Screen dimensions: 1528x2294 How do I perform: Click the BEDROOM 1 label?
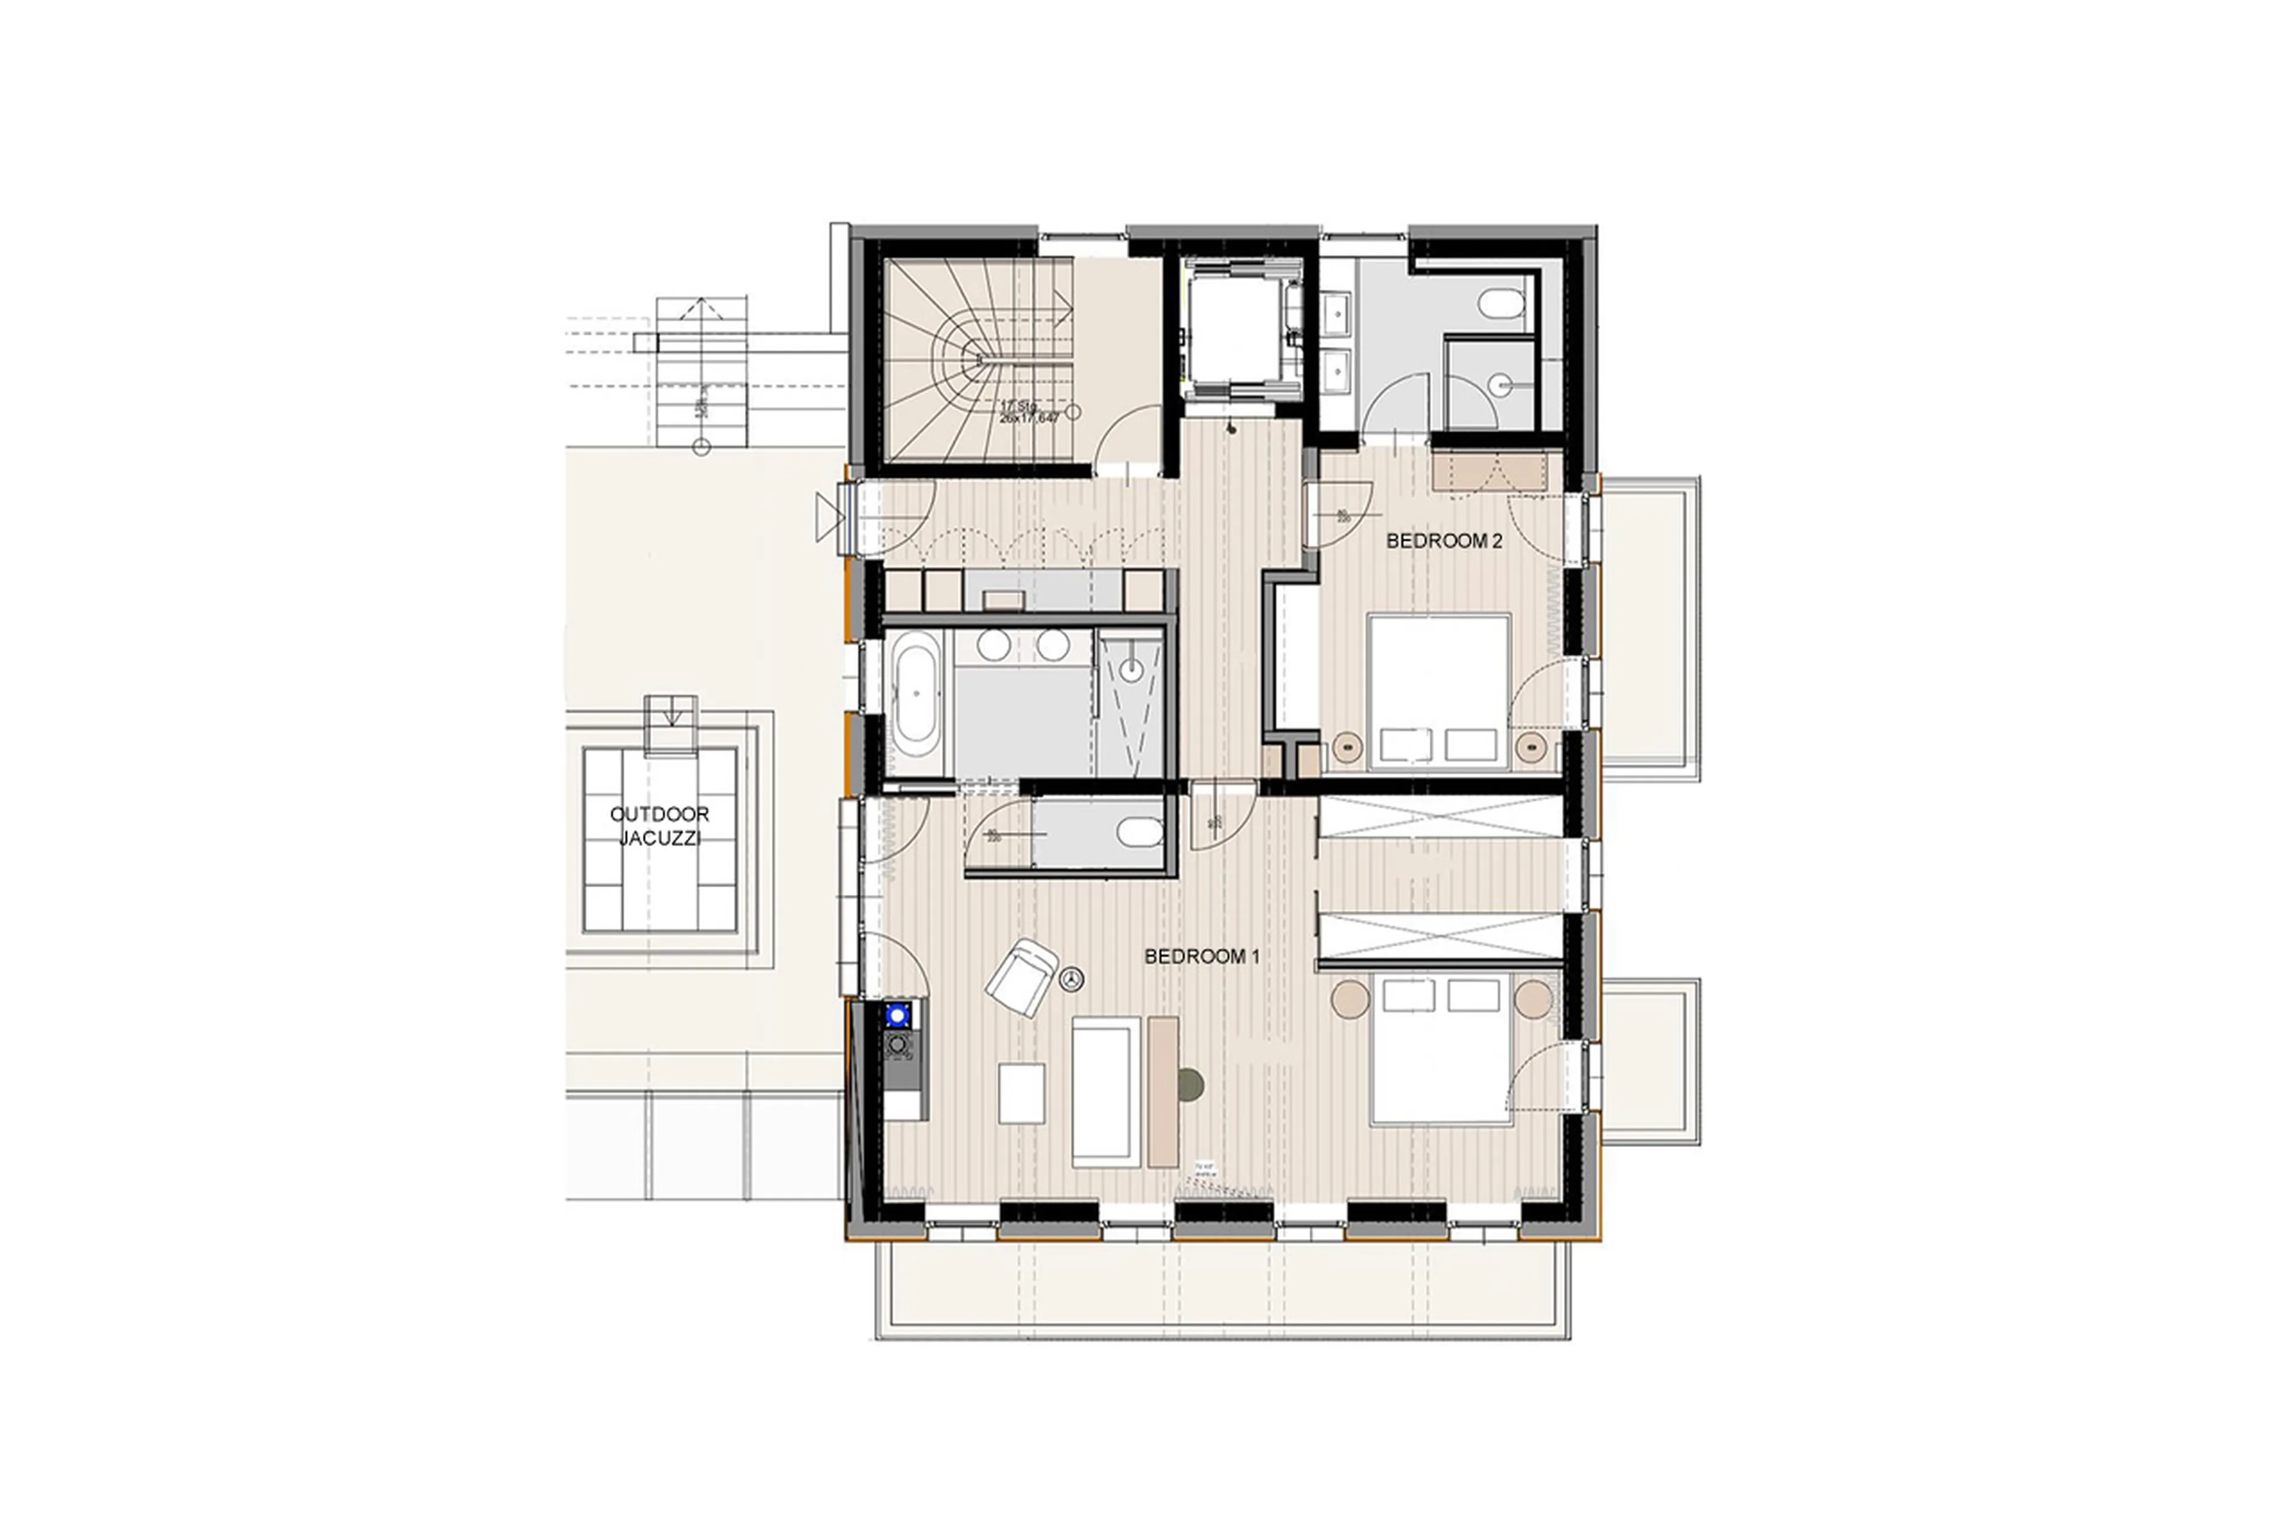(x=1201, y=957)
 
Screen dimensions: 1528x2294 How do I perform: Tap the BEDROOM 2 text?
(x=1444, y=541)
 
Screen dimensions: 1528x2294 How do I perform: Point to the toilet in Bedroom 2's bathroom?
(x=1501, y=303)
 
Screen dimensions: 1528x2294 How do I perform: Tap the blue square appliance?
(x=897, y=1014)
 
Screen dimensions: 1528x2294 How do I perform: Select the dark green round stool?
(x=1191, y=1084)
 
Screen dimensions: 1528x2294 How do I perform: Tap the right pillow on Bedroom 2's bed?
(x=1470, y=745)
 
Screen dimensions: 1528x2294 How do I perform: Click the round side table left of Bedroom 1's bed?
(x=1350, y=999)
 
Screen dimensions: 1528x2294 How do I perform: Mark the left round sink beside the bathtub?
(x=993, y=644)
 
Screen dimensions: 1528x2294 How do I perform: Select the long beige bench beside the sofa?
(x=1162, y=1092)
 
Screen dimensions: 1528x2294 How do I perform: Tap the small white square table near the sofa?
(x=1021, y=1093)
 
